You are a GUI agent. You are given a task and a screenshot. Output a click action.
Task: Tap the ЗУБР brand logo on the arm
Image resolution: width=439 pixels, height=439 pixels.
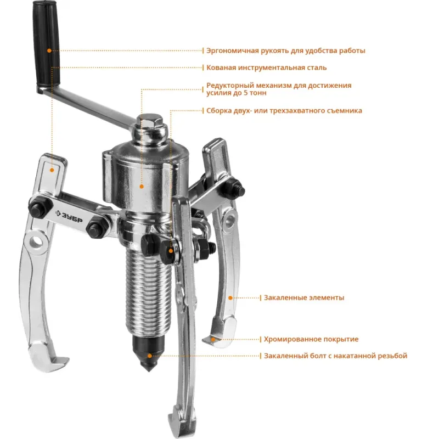[x=69, y=216]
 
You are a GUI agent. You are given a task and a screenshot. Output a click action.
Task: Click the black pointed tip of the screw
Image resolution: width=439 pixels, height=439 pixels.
[x=149, y=353]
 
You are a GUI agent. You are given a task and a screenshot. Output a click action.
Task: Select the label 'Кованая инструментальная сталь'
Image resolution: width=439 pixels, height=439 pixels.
[x=266, y=67]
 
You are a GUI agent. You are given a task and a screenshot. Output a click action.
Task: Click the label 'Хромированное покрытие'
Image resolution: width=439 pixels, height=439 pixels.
[x=311, y=339]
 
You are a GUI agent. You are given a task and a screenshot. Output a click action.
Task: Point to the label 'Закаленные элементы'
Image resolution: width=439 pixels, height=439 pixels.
[x=304, y=297]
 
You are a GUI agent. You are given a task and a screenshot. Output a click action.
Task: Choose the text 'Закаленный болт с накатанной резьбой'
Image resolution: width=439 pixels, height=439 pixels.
[x=335, y=356]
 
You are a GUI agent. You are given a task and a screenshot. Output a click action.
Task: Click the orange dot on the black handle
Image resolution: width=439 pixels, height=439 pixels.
[x=49, y=50]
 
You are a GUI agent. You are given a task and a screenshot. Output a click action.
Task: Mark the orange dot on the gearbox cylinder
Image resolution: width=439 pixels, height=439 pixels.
[x=142, y=187]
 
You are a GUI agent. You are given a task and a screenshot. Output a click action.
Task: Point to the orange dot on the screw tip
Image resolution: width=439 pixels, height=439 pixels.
[x=150, y=356]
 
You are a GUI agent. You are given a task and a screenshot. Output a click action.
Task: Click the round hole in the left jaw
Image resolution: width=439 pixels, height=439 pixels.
[x=36, y=240]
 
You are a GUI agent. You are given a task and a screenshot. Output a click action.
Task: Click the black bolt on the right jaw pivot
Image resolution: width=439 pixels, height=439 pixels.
[x=235, y=188]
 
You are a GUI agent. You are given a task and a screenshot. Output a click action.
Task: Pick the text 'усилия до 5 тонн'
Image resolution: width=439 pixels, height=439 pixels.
[x=237, y=93]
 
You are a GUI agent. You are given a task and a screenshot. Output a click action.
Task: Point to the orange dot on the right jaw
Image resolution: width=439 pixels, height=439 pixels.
[x=230, y=298]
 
